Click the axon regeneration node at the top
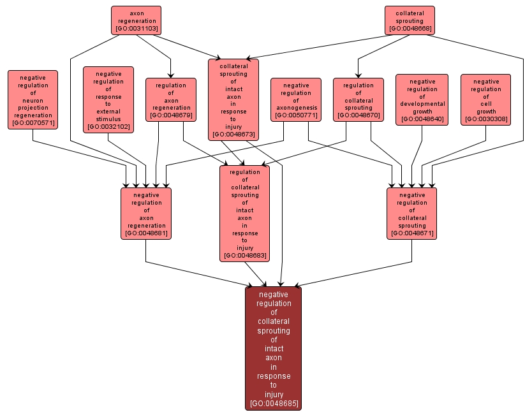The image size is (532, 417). [x=136, y=20]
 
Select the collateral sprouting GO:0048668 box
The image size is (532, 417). [x=410, y=20]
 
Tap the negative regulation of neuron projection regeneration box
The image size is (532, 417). [x=33, y=99]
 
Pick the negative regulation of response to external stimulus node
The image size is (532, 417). [x=108, y=99]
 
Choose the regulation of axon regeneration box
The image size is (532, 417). [x=170, y=99]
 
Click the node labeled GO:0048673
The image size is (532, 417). [x=233, y=99]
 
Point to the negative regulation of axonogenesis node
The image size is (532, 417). [x=295, y=99]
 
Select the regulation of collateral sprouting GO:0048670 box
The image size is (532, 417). [x=358, y=99]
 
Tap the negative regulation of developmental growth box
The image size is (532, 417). [x=422, y=99]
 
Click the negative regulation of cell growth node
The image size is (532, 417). [x=485, y=99]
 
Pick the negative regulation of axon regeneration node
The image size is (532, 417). [x=146, y=213]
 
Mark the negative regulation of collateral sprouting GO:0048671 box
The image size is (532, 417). [x=411, y=213]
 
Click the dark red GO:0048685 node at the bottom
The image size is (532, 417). [x=273, y=348]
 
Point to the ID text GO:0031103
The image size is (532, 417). [x=137, y=29]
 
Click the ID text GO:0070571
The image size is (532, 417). [x=33, y=123]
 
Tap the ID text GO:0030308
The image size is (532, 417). [x=485, y=119]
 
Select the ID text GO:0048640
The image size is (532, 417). [x=422, y=119]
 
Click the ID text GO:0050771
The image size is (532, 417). [x=295, y=115]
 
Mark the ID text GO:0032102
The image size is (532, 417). [x=108, y=127]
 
